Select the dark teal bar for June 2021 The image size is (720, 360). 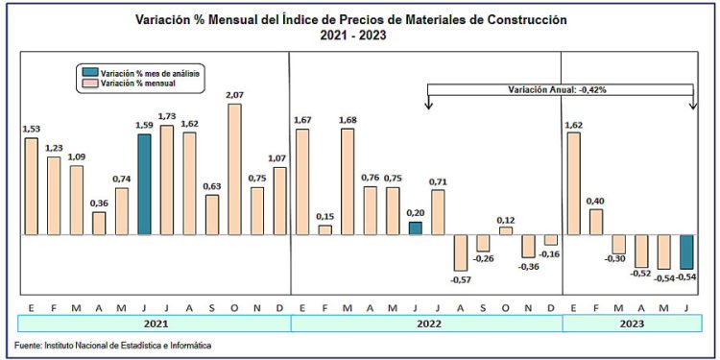(x=144, y=184)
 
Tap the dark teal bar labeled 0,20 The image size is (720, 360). (x=415, y=228)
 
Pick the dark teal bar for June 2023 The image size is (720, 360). (x=686, y=252)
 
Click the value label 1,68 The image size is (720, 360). (x=348, y=120)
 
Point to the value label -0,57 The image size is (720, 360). (x=462, y=280)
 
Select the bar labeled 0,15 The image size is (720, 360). (x=324, y=229)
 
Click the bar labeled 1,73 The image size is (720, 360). (x=167, y=180)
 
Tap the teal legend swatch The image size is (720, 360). (x=89, y=73)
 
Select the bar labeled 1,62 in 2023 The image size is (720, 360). (x=574, y=183)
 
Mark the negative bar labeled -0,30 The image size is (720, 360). (x=619, y=244)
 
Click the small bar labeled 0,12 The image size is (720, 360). (x=506, y=230)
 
